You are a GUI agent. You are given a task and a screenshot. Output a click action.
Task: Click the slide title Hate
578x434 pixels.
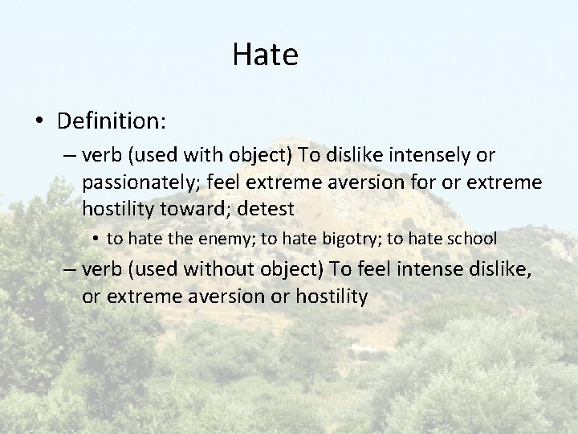pos(265,55)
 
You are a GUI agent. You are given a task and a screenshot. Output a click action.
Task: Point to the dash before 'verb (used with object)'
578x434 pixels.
pos(70,154)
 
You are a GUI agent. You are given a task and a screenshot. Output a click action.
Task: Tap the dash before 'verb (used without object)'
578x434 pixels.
pos(70,269)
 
